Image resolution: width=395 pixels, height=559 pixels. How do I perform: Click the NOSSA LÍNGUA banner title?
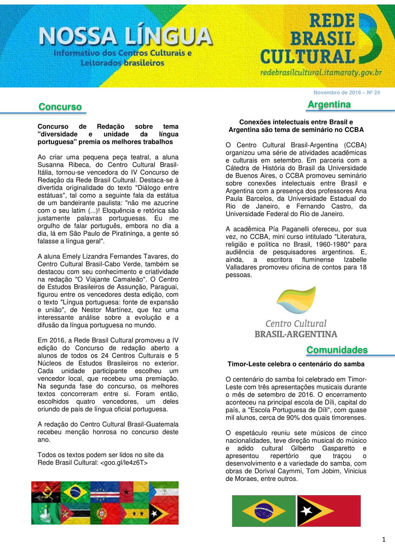[x=125, y=36]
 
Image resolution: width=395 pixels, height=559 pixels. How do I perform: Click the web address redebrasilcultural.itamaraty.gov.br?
[x=321, y=73]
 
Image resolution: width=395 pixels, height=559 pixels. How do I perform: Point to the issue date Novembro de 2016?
[x=337, y=92]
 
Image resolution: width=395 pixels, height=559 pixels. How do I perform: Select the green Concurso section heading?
[x=60, y=107]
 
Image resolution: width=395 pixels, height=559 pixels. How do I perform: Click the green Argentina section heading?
[x=329, y=104]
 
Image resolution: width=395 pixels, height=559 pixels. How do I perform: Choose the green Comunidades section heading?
[x=337, y=350]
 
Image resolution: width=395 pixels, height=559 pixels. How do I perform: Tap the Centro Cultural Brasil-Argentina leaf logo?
[x=296, y=300]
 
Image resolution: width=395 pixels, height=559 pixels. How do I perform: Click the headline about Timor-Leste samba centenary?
[x=296, y=364]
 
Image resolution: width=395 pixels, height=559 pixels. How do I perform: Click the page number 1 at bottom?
[x=384, y=540]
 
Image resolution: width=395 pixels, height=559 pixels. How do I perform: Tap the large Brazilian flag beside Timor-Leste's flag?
[x=263, y=511]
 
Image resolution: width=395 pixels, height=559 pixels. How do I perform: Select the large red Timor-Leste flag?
[x=329, y=511]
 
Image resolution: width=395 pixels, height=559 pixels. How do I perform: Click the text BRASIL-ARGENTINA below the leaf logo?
[x=296, y=334]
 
